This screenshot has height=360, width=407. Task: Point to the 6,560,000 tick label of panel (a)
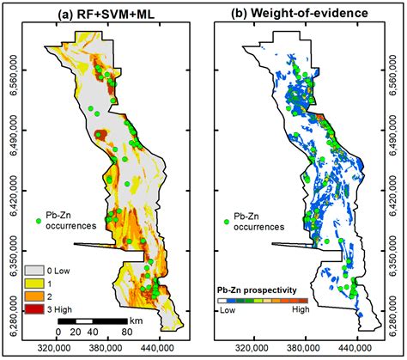(x=12, y=71)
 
